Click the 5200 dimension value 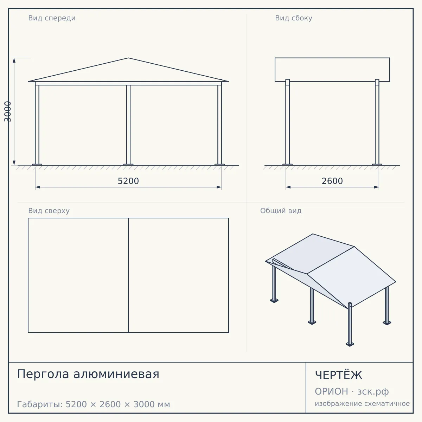click(x=128, y=181)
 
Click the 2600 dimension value click(x=332, y=181)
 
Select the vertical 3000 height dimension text click(x=8, y=111)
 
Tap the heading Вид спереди click(x=52, y=18)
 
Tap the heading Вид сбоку click(x=293, y=18)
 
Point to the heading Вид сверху click(x=49, y=211)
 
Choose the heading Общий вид click(x=281, y=211)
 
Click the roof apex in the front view click(x=128, y=58)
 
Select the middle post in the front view click(x=128, y=125)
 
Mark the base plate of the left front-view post click(x=37, y=165)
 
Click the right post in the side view click(x=377, y=122)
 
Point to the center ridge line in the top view click(x=128, y=275)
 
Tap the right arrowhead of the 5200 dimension click(x=219, y=187)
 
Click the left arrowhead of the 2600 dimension click(x=288, y=187)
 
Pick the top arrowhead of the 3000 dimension click(x=14, y=60)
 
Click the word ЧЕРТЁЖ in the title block click(x=338, y=375)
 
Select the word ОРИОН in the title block click(x=331, y=391)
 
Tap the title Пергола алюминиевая click(x=88, y=374)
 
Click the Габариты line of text click(x=94, y=404)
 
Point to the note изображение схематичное click(x=362, y=404)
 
